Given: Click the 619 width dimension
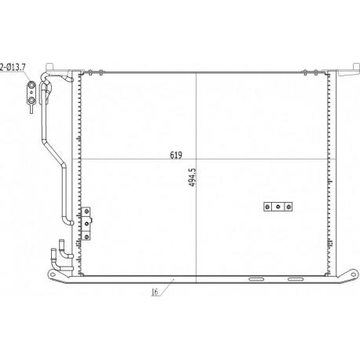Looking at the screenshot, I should pos(177,156).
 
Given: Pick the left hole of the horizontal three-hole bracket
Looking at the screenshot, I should pos(269,207).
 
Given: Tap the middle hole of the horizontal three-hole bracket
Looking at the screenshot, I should pos(278,207).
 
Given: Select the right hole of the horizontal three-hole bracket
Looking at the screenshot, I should pos(288,207).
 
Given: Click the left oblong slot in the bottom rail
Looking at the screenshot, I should pos(256,279).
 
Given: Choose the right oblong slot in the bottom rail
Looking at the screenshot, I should pos(295,279).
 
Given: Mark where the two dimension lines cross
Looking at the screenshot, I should pos(196,160).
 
